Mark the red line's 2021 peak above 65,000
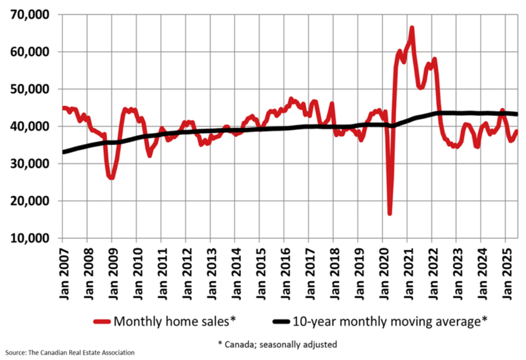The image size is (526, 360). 412,27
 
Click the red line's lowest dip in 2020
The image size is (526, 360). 390,214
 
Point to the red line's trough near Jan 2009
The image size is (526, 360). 111,178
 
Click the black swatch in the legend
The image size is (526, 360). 282,322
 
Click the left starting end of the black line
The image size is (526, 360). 63,152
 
